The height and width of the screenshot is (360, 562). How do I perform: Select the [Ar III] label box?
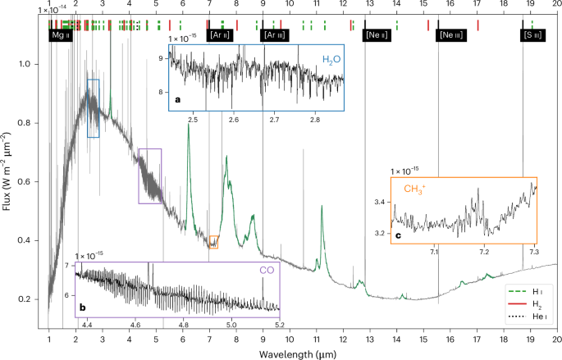pos(274,36)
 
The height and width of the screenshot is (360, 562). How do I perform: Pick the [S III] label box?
pos(532,36)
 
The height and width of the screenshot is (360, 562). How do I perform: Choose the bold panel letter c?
pos(398,236)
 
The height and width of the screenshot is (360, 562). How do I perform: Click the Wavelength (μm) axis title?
pos(303,353)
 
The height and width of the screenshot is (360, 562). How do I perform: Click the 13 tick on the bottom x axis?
pos(370,337)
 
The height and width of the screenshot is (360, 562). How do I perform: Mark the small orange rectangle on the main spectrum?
pos(213,241)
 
